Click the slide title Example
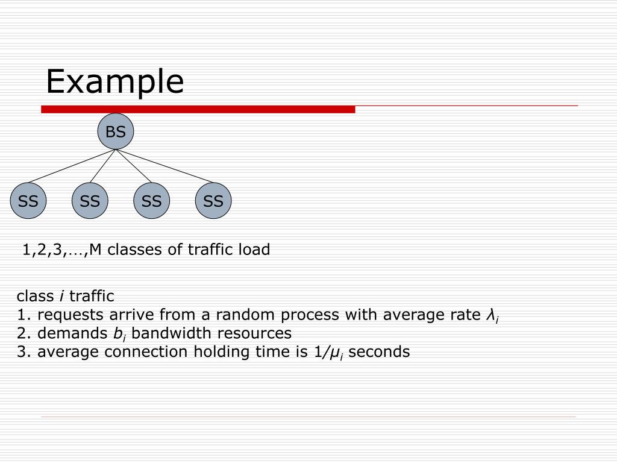[x=114, y=82]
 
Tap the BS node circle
[x=116, y=131]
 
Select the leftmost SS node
[x=28, y=201]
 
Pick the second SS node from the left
[x=90, y=201]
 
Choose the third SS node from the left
[x=152, y=201]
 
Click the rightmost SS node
[x=213, y=201]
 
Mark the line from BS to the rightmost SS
[x=166, y=166]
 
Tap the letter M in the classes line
[x=96, y=250]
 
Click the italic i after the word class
[x=61, y=297]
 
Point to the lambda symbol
[x=490, y=315]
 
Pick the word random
[x=243, y=315]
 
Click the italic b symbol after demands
[x=117, y=333]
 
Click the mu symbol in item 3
[x=332, y=353]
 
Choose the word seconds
[x=379, y=352]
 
